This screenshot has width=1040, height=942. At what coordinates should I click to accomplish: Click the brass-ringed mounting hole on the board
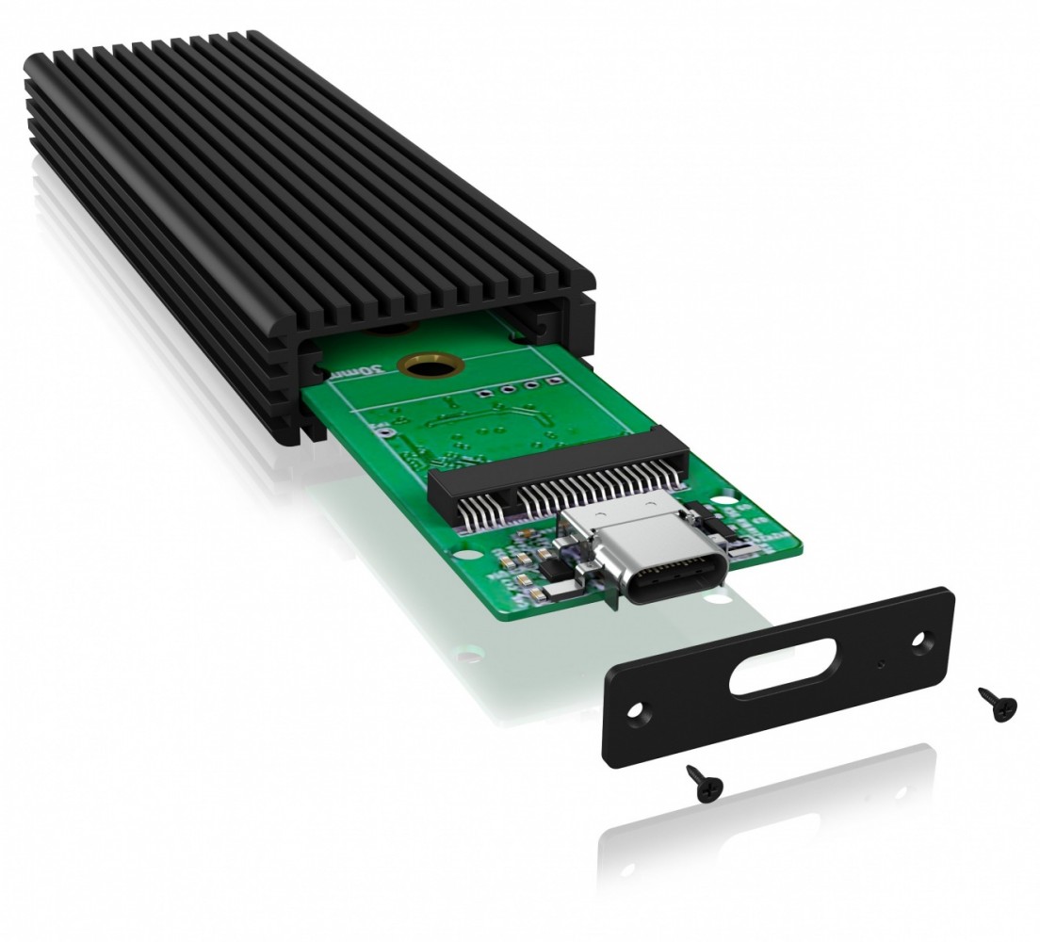pos(419,366)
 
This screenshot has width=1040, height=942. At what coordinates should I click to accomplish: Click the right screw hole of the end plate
pos(920,640)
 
